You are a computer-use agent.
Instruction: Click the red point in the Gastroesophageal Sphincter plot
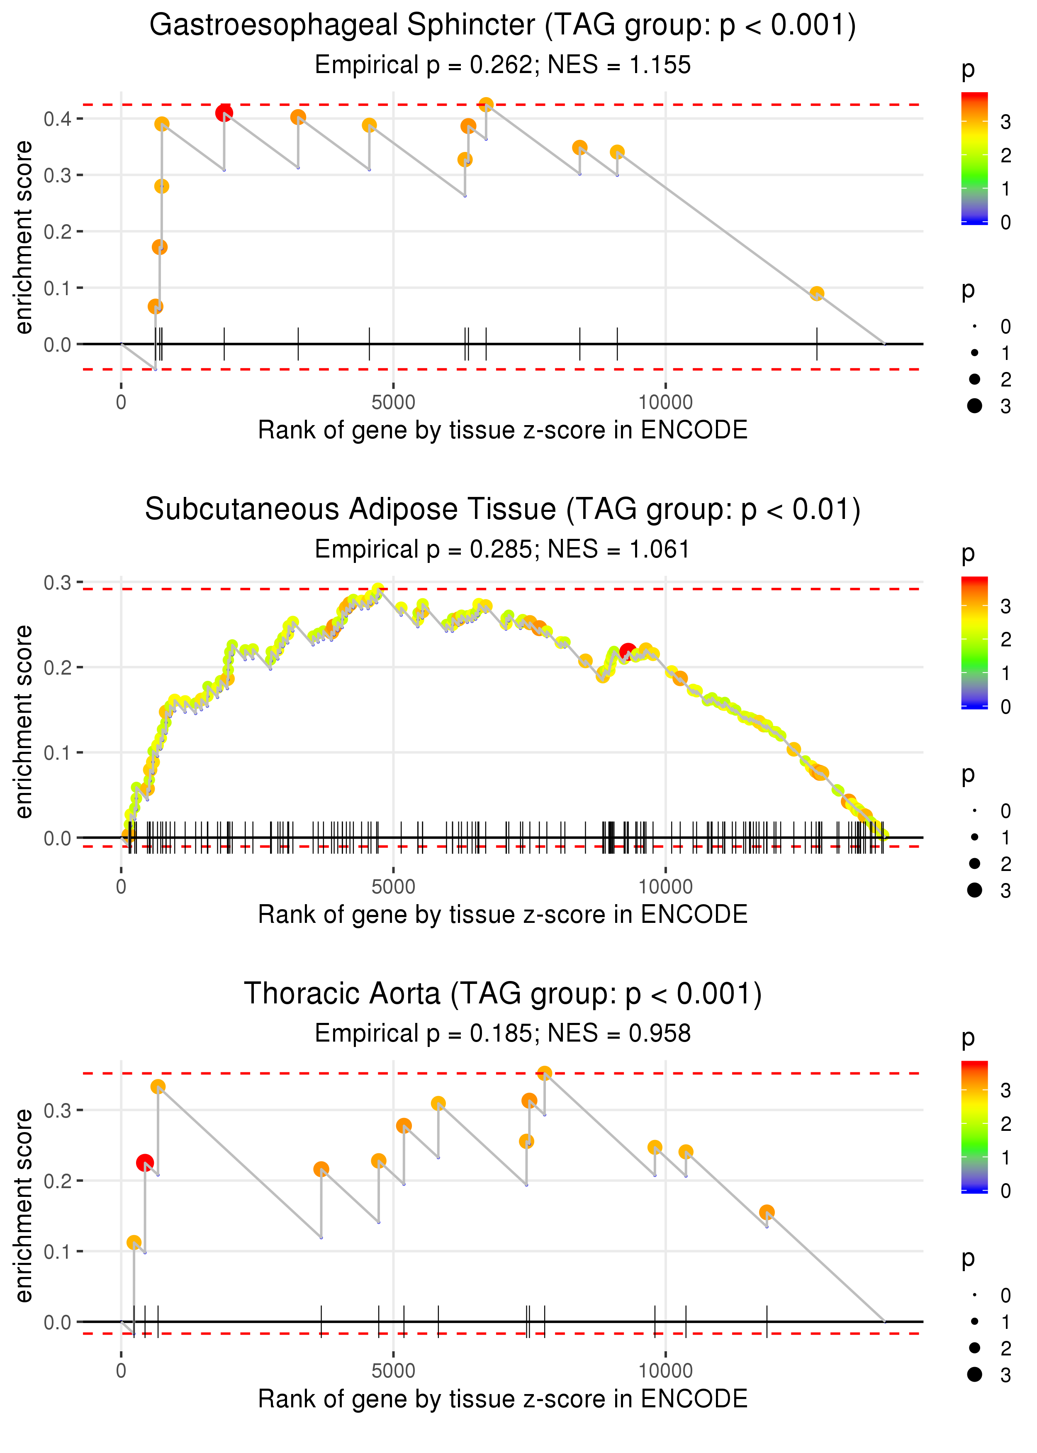[x=224, y=113]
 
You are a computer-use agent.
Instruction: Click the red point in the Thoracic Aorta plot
[x=145, y=1162]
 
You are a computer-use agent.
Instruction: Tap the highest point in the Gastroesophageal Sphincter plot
[x=486, y=104]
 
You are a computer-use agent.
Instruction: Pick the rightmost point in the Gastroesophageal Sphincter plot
[x=817, y=293]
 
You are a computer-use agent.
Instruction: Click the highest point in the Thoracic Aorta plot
[x=544, y=1073]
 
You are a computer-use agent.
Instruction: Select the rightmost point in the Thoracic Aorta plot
[x=767, y=1212]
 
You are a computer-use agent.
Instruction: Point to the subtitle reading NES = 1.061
[x=503, y=549]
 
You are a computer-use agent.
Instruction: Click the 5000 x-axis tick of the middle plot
[x=393, y=887]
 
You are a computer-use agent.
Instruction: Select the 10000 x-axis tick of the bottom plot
[x=665, y=1370]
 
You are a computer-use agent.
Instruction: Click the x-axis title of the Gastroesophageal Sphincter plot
[x=503, y=430]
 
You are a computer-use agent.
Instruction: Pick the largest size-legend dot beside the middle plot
[x=974, y=890]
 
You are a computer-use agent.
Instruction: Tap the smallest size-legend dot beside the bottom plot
[x=974, y=1295]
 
